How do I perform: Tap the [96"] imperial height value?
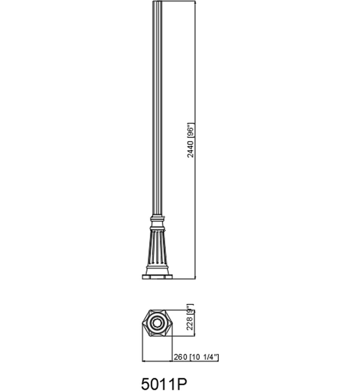click(x=190, y=131)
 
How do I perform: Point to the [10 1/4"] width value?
click(x=204, y=357)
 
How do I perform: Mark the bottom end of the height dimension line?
click(x=195, y=277)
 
